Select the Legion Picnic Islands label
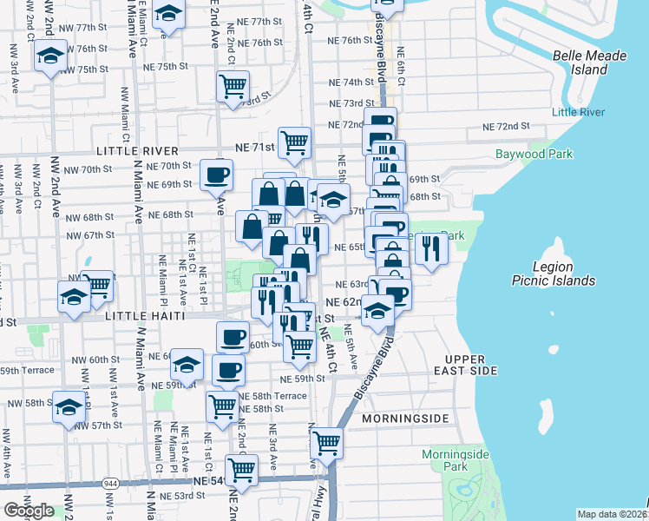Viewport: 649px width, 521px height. click(x=565, y=274)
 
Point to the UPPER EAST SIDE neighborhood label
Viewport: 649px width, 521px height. click(x=471, y=365)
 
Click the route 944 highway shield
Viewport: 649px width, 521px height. click(x=110, y=483)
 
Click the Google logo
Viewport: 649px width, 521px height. click(x=29, y=510)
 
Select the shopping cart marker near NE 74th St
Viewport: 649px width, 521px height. click(x=233, y=88)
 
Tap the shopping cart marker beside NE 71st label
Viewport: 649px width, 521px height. click(x=295, y=141)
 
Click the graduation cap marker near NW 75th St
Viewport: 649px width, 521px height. click(x=51, y=57)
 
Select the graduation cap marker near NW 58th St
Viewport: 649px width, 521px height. click(x=69, y=406)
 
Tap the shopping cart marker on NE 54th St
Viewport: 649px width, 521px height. click(x=242, y=470)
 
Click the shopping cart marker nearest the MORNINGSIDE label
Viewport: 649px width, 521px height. click(x=327, y=443)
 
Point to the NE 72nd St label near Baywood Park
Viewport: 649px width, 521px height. click(x=508, y=127)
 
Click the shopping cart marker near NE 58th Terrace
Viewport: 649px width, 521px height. click(x=222, y=404)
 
